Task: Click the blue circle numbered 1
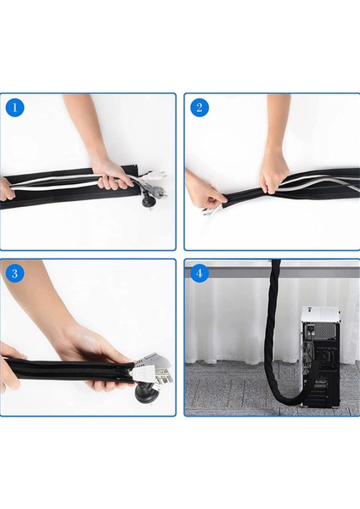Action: (15, 108)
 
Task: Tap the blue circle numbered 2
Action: (200, 108)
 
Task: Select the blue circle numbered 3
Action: (15, 273)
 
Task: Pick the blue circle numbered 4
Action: (200, 273)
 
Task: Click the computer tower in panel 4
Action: (321, 356)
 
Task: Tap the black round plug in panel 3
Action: (146, 393)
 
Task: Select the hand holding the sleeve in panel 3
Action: (94, 361)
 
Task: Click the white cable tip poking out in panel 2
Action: (209, 212)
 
